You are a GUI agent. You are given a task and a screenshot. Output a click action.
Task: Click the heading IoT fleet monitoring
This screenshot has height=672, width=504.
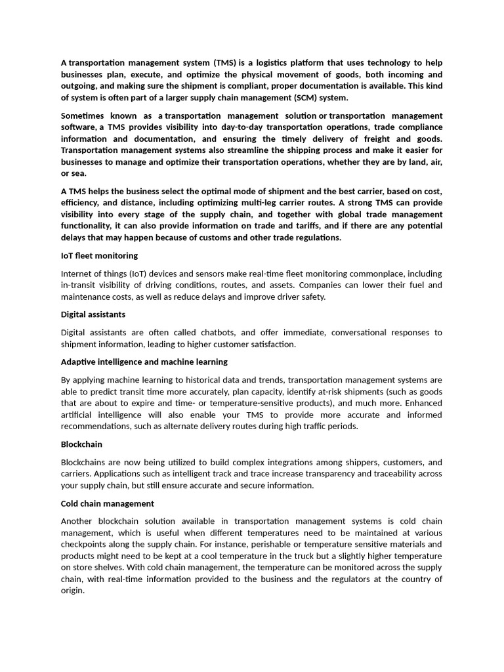(99, 255)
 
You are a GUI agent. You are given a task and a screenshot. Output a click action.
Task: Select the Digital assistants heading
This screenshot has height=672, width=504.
(93, 314)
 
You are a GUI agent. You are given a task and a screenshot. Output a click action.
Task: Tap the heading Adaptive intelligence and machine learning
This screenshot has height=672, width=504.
(144, 362)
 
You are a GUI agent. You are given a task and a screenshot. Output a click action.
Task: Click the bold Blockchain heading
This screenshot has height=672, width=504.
(81, 444)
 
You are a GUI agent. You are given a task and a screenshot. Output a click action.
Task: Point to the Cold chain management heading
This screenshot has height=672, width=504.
(108, 503)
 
